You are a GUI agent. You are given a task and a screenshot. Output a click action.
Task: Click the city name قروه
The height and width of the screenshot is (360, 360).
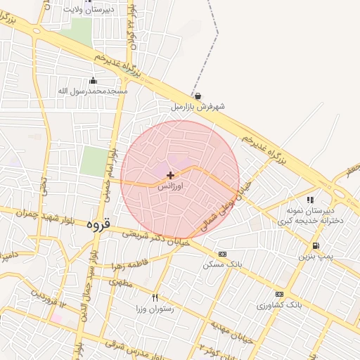99,226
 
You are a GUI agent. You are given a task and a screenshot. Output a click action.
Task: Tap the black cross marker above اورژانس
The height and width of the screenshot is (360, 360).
170,174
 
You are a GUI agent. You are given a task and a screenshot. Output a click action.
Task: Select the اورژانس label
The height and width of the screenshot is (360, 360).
170,188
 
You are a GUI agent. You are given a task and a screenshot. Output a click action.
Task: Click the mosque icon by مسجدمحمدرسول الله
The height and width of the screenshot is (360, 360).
94,80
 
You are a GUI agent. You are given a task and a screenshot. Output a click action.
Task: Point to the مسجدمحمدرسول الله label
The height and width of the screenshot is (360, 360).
94,91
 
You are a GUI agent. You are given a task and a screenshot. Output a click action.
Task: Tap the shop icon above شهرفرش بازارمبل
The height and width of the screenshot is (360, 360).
198,96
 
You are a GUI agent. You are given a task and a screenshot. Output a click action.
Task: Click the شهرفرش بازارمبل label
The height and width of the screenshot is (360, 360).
198,107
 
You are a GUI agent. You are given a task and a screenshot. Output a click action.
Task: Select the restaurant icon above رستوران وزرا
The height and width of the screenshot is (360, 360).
155,297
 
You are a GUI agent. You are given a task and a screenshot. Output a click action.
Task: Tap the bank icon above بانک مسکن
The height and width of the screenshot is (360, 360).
222,254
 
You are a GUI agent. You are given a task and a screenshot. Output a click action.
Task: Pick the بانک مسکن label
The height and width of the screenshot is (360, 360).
222,265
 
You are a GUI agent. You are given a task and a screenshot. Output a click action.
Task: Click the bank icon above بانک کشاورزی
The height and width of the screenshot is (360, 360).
279,294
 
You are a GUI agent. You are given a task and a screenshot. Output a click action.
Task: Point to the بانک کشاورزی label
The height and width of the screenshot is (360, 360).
279,305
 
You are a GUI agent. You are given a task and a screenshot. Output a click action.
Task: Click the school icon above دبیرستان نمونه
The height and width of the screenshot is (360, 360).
310,200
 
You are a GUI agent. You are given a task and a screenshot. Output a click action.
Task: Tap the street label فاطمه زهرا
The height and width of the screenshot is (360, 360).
129,266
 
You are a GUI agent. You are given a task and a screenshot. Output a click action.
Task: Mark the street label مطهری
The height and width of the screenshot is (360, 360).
120,282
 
